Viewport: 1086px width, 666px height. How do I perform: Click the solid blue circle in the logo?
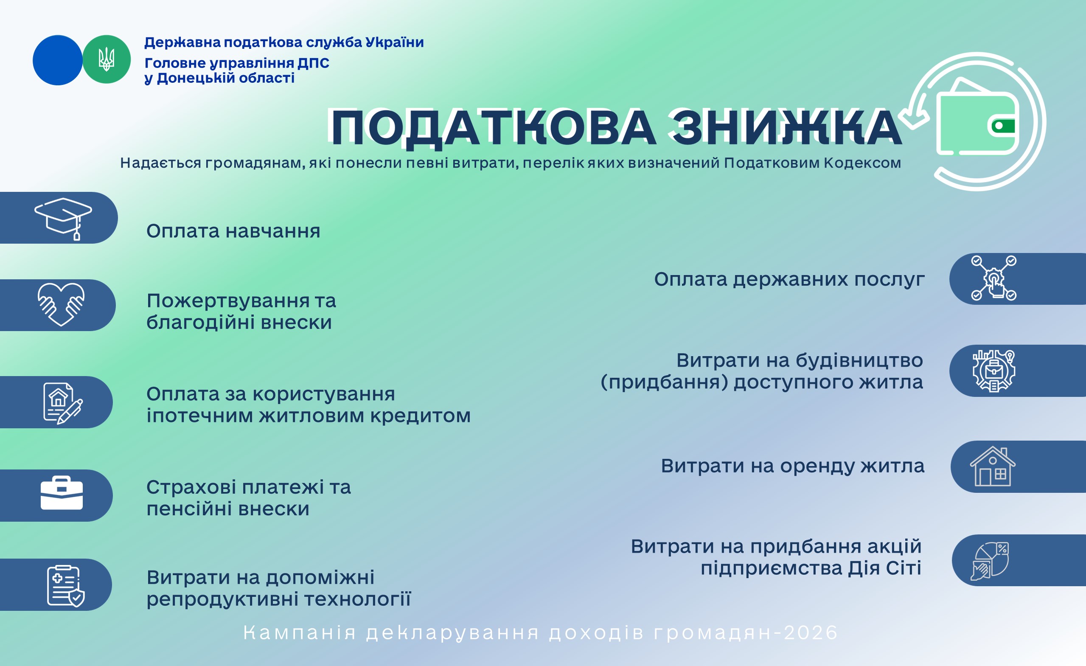point(57,60)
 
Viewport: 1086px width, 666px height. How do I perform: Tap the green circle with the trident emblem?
point(106,59)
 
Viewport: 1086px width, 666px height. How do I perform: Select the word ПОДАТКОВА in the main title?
point(493,128)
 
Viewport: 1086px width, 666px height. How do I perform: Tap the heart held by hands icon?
point(61,304)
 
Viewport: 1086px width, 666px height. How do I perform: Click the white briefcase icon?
point(62,493)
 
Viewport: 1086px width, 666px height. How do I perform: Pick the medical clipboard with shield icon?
point(66,586)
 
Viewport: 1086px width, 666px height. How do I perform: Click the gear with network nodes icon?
point(994,278)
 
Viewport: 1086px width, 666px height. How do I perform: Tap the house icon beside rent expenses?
point(993,466)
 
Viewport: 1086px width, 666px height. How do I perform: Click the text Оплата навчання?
point(233,231)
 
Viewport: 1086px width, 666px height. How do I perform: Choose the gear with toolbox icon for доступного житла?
point(994,371)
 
